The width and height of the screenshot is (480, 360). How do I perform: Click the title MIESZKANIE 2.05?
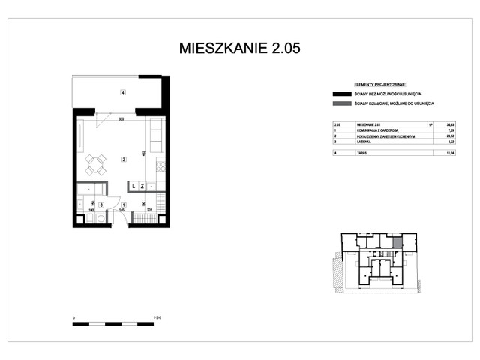pyautogui.click(x=240, y=49)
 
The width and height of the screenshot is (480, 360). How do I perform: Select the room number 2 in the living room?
pyautogui.click(x=122, y=158)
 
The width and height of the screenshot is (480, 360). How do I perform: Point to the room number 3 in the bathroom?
pyautogui.click(x=101, y=204)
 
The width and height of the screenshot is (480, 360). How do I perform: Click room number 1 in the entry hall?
pyautogui.click(x=124, y=204)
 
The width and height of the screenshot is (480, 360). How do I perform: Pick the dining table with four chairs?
pyautogui.click(x=96, y=163)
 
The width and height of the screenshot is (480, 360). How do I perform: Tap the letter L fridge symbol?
pyautogui.click(x=133, y=185)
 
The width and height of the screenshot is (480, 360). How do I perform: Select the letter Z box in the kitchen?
pyautogui.click(x=142, y=185)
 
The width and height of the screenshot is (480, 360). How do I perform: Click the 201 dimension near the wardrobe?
pyautogui.click(x=149, y=211)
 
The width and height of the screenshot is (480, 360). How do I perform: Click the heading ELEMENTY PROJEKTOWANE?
pyautogui.click(x=379, y=85)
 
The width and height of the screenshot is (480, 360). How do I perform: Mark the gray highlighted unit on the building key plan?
pyautogui.click(x=397, y=242)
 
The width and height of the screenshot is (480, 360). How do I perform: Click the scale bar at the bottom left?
pyautogui.click(x=117, y=323)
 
